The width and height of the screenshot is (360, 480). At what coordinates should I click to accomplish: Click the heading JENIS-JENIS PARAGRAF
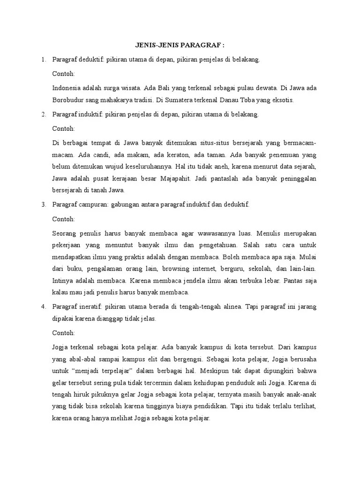(180, 45)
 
